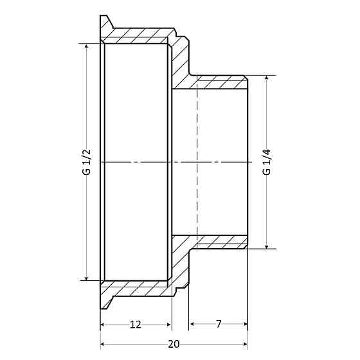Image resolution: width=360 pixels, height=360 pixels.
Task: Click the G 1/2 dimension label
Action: point(87,161)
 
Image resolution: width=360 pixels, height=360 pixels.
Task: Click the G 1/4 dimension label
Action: point(265,161)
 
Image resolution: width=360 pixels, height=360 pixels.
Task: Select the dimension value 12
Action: point(136,325)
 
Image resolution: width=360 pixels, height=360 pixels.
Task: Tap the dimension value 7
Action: point(218,325)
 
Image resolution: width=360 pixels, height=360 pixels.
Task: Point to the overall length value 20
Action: point(174,344)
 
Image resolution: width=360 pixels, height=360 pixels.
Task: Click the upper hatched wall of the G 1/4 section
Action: point(219,82)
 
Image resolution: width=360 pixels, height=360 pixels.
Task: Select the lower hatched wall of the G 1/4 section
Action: point(219,242)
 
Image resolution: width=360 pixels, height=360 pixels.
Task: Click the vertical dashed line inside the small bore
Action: point(196,161)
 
